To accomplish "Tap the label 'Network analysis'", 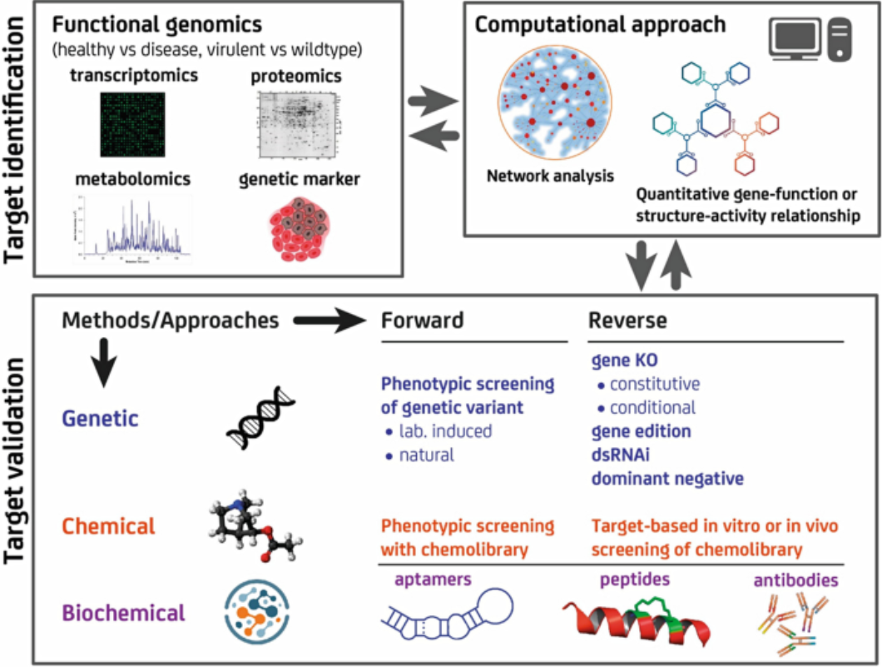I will click(x=551, y=176).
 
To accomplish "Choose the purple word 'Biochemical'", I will click(x=124, y=613).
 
